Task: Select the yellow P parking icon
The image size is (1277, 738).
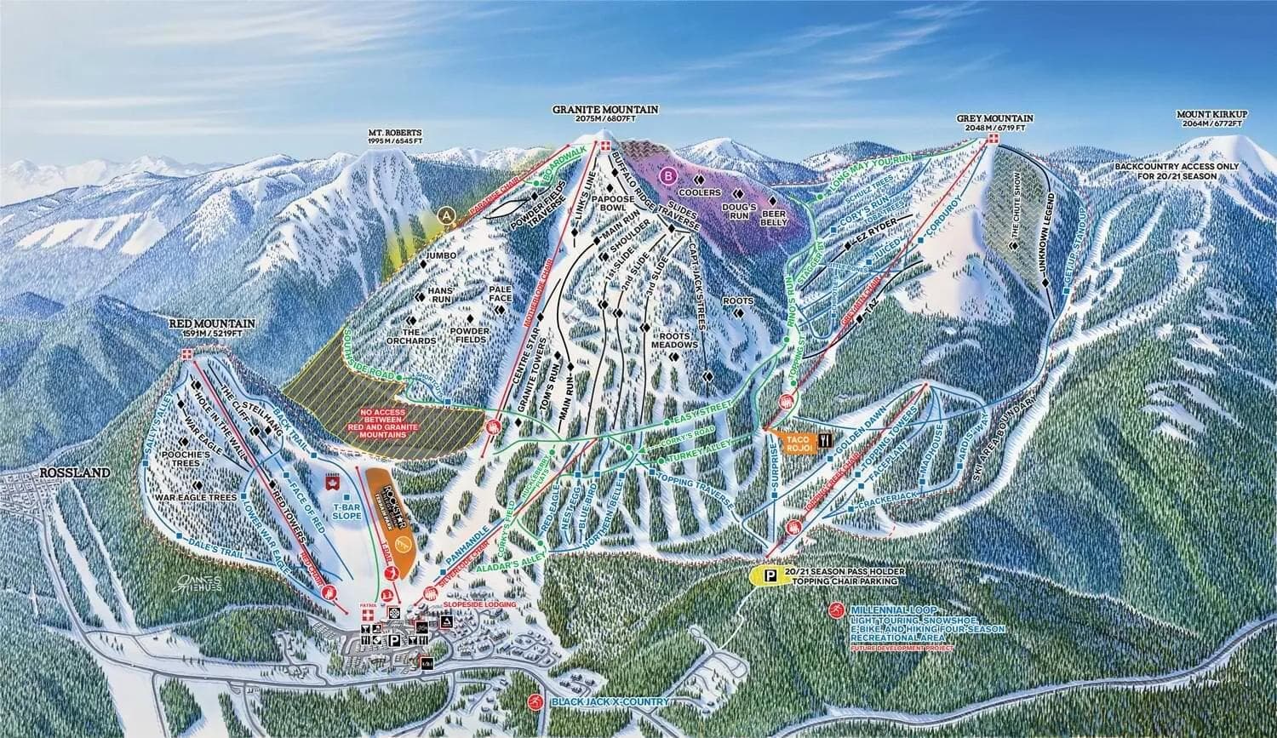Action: pos(770,576)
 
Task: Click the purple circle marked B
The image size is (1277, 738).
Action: pos(669,176)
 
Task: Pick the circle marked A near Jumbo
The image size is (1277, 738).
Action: pos(445,216)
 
